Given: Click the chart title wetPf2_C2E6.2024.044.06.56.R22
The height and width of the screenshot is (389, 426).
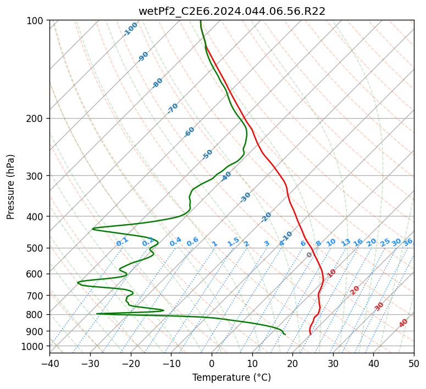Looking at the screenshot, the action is point(232,11).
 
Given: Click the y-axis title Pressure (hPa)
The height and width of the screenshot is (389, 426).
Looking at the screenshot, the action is point(10,187).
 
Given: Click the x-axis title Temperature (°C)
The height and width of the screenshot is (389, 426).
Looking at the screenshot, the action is point(232,377).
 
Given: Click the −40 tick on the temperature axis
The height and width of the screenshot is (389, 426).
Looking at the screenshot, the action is point(49,363).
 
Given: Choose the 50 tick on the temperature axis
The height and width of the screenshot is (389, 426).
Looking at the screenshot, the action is point(414,363).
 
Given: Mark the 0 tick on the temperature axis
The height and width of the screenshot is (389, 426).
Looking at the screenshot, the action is point(212,363).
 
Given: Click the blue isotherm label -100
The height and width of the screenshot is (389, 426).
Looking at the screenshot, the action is point(130,29).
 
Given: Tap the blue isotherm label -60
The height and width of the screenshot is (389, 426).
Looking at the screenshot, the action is point(189,131).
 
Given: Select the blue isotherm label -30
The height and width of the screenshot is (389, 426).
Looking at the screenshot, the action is point(245,197).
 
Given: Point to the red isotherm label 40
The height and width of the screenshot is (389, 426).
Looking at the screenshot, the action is point(403,323).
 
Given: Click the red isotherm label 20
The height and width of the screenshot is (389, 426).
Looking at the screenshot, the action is point(355,291).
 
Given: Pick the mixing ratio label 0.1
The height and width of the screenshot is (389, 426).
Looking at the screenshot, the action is point(122,242).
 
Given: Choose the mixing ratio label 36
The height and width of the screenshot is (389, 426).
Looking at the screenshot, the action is point(408,242).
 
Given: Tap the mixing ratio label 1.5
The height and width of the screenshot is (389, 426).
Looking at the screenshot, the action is point(234,242).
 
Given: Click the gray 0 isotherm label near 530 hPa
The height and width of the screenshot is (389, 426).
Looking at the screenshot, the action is point(309,254).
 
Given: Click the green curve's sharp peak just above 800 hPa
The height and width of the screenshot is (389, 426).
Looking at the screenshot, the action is point(163,310).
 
